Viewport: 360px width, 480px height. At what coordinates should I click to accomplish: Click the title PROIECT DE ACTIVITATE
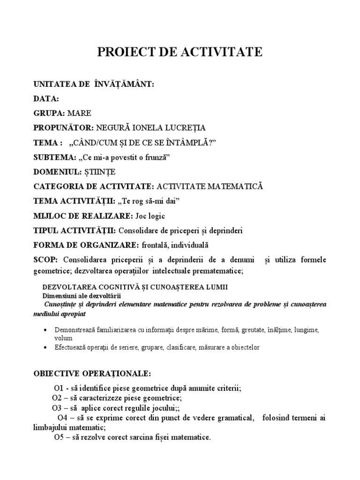180,52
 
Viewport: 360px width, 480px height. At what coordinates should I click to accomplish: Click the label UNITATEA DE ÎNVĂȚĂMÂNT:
94,84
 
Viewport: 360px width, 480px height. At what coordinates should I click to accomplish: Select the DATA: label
46,99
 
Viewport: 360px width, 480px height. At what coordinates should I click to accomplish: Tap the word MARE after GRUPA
79,113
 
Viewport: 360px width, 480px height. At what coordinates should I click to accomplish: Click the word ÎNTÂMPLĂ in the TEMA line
193,142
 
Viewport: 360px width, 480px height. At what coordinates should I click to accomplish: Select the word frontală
153,245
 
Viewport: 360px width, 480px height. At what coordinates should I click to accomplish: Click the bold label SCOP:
45,260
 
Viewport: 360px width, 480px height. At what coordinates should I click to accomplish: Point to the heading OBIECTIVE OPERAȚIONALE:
92,374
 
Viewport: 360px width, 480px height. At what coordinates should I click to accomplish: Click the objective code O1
58,389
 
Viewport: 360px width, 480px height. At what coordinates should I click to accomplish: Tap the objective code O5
59,438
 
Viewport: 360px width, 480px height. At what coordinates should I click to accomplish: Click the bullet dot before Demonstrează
45,330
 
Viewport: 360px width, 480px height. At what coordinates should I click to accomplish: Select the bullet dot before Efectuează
45,348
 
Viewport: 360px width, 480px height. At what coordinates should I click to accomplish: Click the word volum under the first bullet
63,338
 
